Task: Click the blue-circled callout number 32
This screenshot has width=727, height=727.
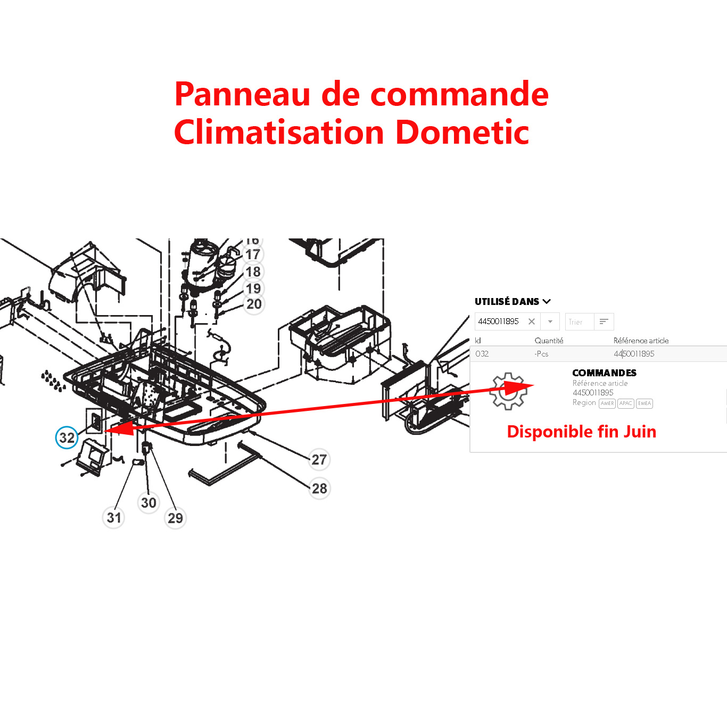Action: tap(67, 437)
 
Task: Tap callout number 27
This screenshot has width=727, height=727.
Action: tap(319, 459)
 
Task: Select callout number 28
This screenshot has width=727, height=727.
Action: tap(319, 488)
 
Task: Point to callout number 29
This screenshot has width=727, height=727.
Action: tap(176, 518)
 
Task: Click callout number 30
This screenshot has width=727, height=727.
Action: tap(148, 502)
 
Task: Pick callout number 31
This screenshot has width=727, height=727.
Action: tap(114, 517)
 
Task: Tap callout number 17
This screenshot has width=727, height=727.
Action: tap(253, 255)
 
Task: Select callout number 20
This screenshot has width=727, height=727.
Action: tap(254, 304)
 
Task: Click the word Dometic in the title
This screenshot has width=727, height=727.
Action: tap(462, 132)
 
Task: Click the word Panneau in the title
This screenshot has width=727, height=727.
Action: tap(242, 94)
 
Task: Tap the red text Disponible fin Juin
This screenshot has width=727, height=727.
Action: tap(581, 432)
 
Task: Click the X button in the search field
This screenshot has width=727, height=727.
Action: tap(531, 321)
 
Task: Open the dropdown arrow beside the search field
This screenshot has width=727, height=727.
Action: tap(550, 321)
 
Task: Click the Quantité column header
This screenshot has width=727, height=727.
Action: tap(549, 341)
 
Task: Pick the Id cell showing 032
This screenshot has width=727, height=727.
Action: tap(482, 354)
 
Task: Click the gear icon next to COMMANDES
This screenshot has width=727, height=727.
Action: tap(508, 391)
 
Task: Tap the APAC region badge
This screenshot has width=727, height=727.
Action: tap(625, 403)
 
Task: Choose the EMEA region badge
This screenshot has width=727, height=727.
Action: tap(644, 403)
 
